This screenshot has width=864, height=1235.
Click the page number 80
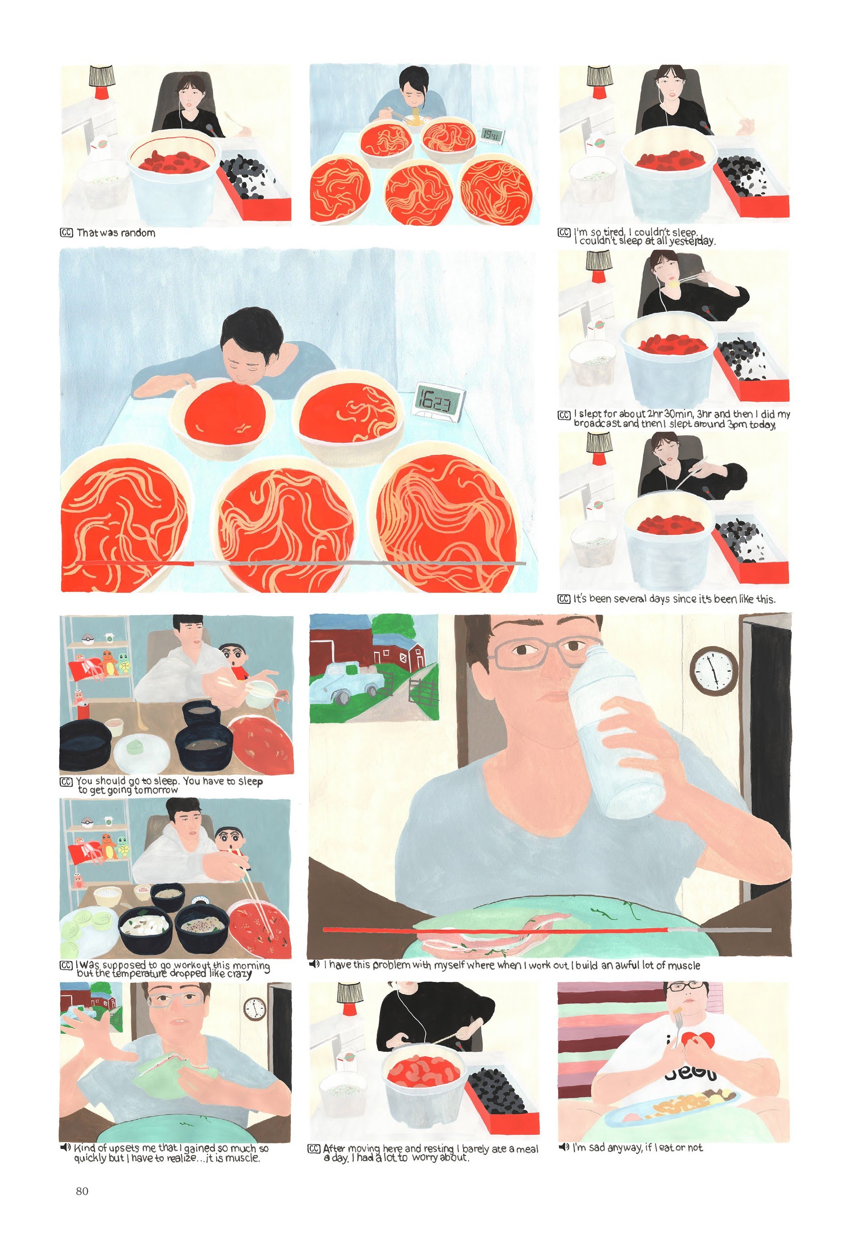[82, 1191]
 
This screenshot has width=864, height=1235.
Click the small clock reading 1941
[490, 135]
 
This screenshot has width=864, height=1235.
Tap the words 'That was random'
[116, 233]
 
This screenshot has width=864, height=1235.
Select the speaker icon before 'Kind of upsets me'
[65, 1147]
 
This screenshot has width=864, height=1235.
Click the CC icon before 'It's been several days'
[563, 599]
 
